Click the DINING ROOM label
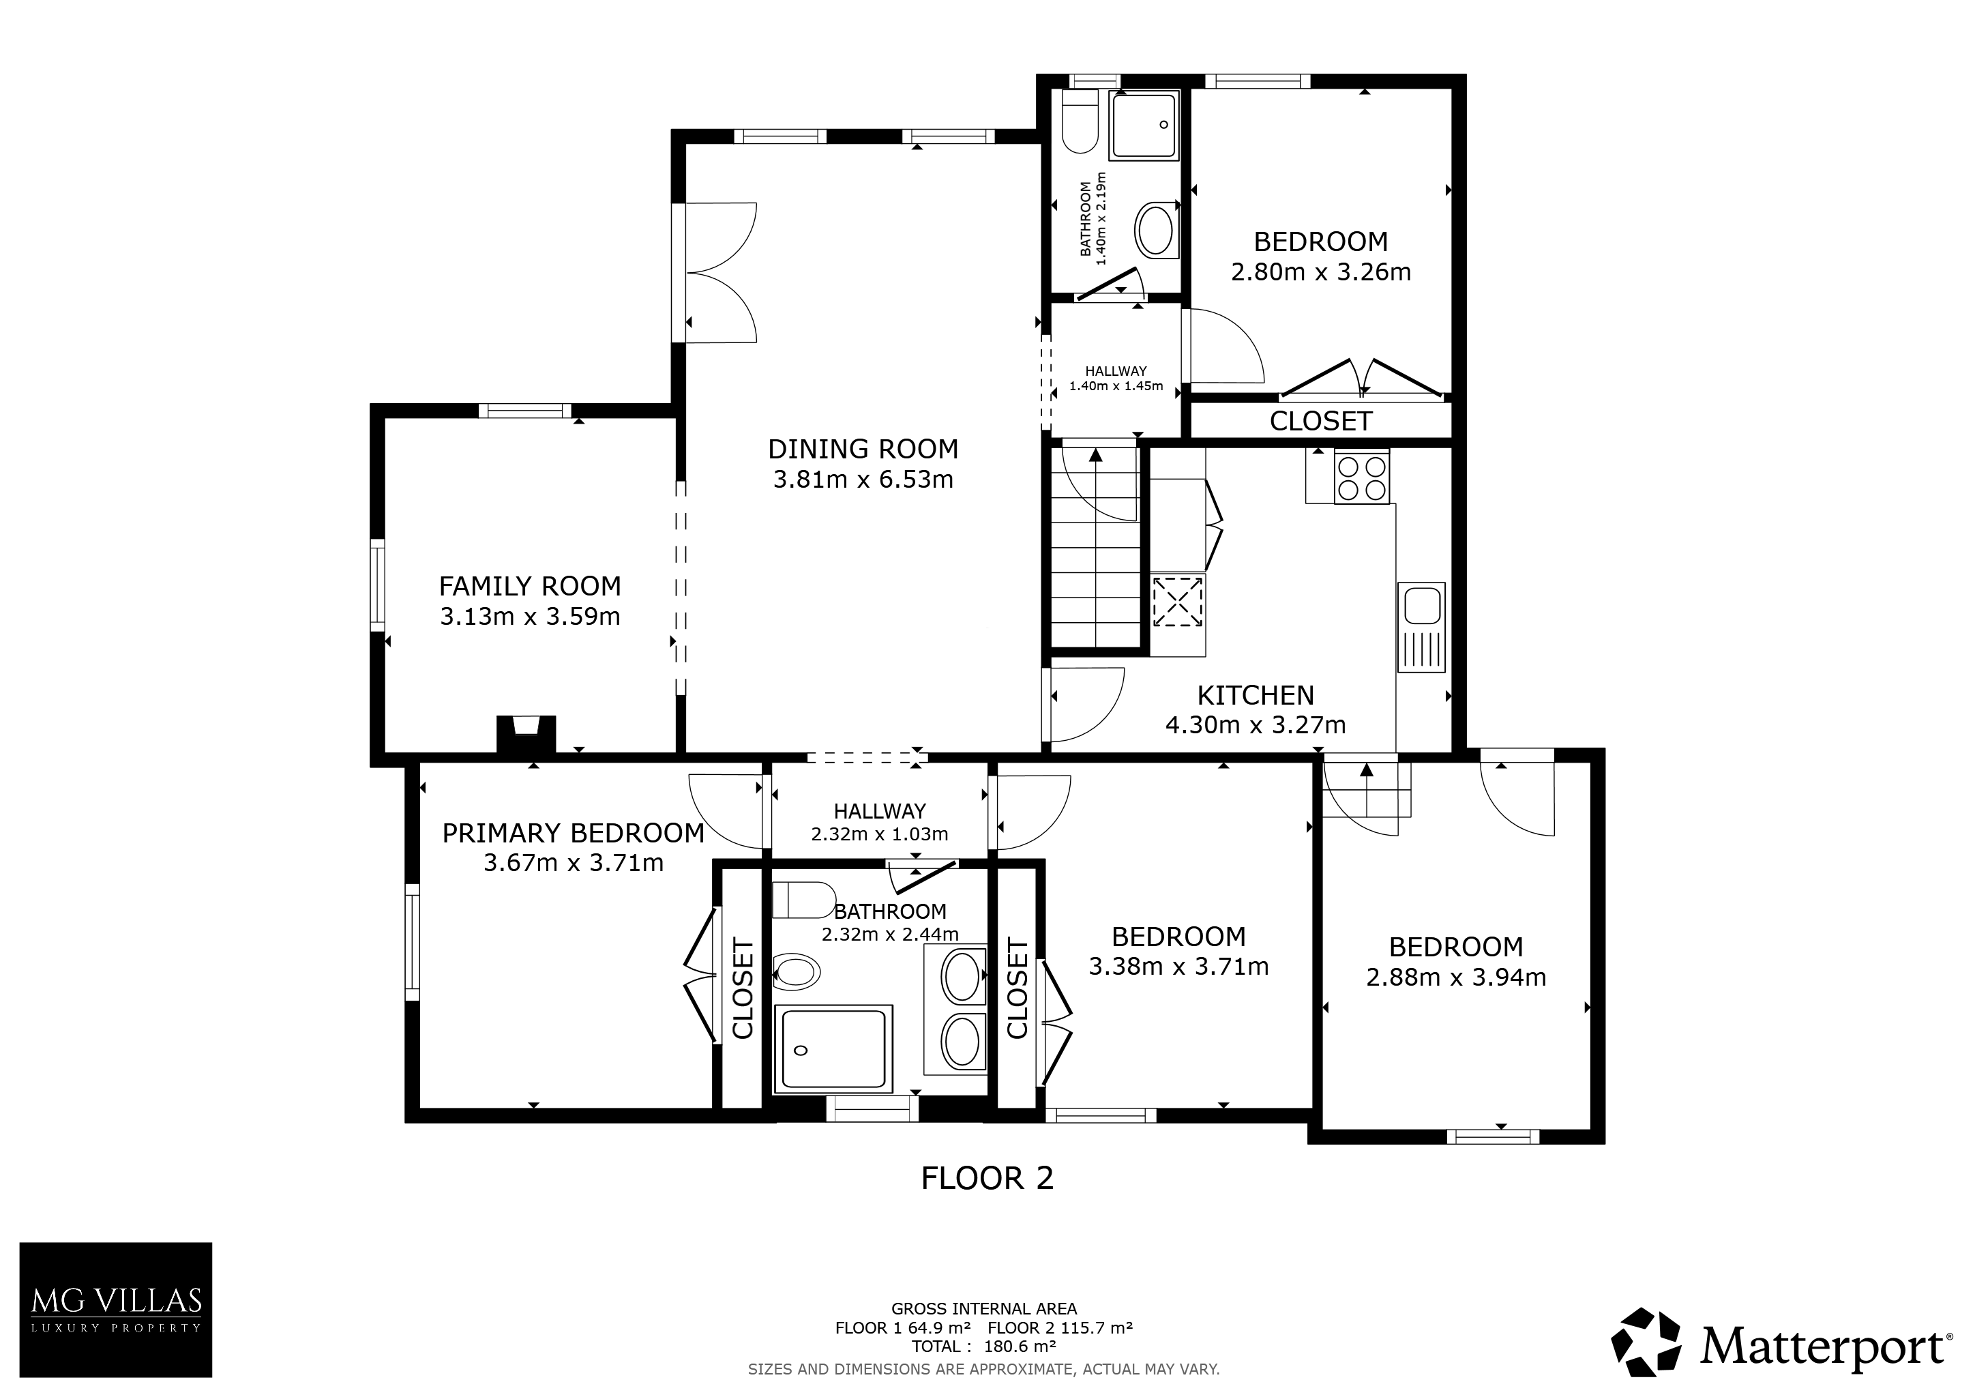[863, 449]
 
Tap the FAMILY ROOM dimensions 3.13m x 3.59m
[530, 617]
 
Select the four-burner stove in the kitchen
[1362, 477]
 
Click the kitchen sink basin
[1423, 606]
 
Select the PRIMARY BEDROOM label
[573, 833]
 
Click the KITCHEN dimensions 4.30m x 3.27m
[1255, 725]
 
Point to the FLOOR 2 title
[987, 1177]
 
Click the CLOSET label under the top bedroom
[1320, 421]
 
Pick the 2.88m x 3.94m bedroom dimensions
[1456, 977]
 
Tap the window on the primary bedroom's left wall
[412, 942]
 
